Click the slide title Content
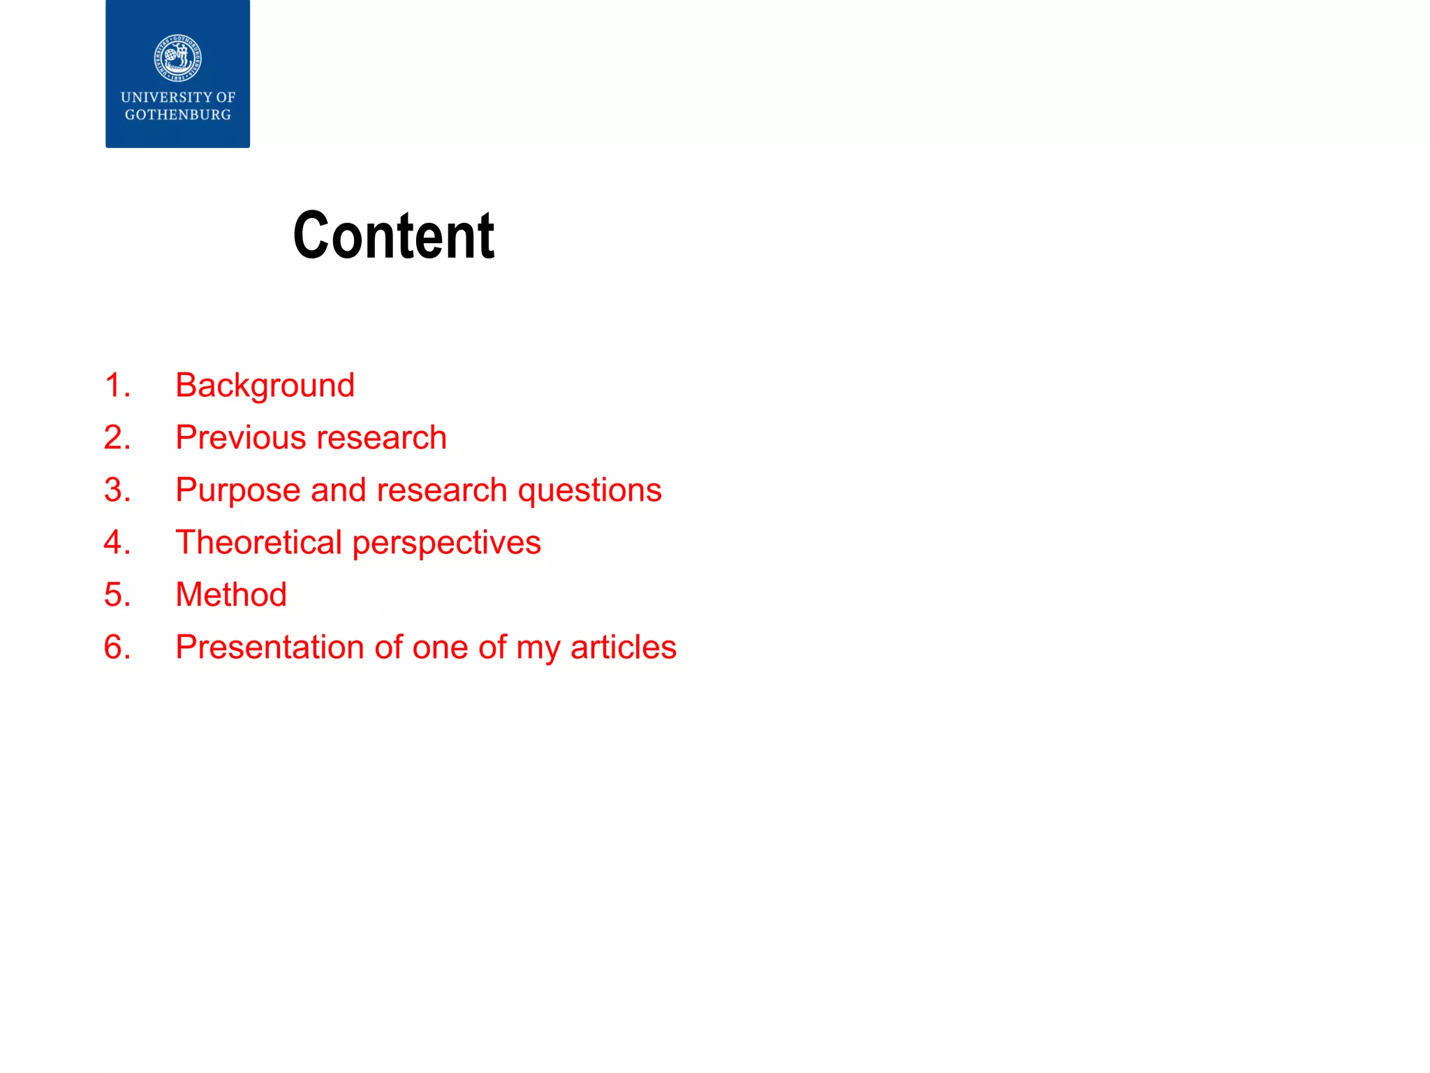click(394, 236)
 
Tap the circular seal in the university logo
click(178, 58)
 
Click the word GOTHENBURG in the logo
click(178, 115)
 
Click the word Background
click(265, 386)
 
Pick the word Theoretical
click(258, 543)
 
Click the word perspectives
click(447, 543)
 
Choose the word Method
click(231, 594)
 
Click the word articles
click(623, 647)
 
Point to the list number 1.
click(117, 386)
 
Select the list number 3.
click(117, 490)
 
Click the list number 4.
click(117, 543)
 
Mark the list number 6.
click(117, 647)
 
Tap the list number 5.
click(117, 594)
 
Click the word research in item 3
click(442, 490)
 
